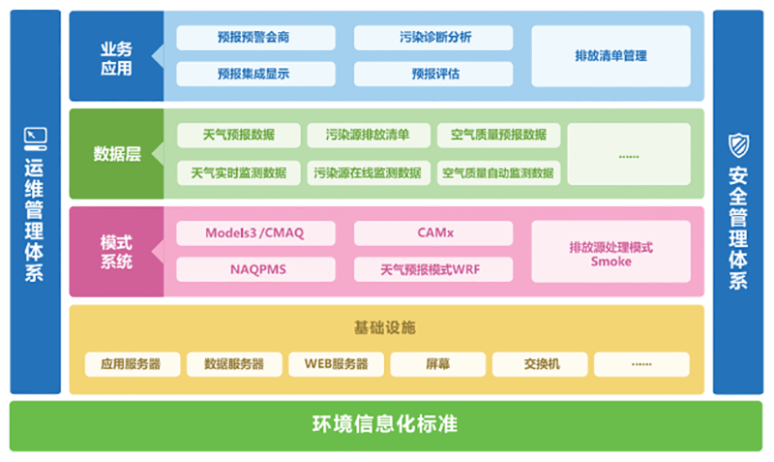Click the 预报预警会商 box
coord(255,38)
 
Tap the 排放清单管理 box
coord(610,56)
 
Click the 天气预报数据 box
coord(239,135)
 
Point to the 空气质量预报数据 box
coord(498,135)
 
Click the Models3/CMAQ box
coord(255,233)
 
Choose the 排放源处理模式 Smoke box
coord(610,252)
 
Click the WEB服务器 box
coord(336,365)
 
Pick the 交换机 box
coord(541,365)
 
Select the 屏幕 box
coord(437,365)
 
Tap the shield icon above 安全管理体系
coord(738,145)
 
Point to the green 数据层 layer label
coord(116,154)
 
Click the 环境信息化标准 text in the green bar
coord(385,425)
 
